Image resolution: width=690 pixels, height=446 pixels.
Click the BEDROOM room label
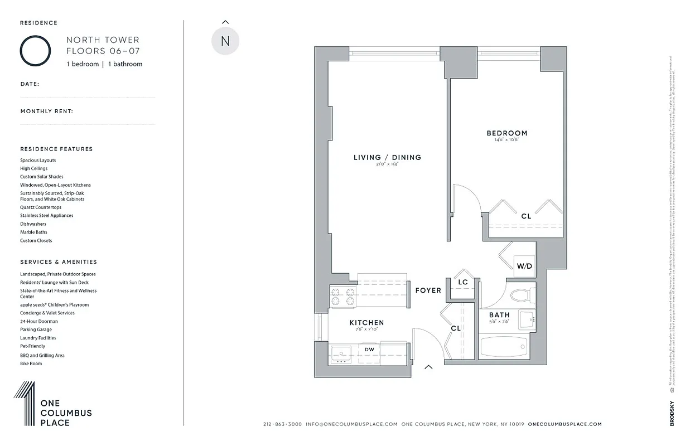[x=506, y=133]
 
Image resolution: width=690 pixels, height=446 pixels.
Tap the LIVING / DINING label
[x=387, y=158]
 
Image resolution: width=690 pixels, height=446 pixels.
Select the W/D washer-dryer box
[x=524, y=266]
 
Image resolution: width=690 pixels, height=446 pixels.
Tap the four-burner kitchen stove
[x=343, y=297]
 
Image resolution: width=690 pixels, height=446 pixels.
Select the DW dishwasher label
[x=369, y=350]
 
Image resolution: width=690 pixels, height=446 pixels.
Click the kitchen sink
[x=341, y=353]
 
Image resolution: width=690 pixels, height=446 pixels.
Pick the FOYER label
[x=428, y=290]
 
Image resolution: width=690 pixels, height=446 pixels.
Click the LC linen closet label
[x=462, y=283]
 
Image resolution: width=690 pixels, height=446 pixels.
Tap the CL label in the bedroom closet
[x=526, y=216]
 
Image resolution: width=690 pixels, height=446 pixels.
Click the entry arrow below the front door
[x=428, y=367]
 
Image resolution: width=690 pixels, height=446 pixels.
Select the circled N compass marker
[x=225, y=41]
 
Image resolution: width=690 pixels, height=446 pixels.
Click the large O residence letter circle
[x=36, y=51]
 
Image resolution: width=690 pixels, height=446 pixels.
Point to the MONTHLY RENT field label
[x=47, y=111]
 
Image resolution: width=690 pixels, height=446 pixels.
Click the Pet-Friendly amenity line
[x=33, y=346]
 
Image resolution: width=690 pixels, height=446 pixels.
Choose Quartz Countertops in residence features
[x=41, y=207]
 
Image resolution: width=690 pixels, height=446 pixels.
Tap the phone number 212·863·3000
[x=282, y=424]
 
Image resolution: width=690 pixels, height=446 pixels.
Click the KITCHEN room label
[x=366, y=323]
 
